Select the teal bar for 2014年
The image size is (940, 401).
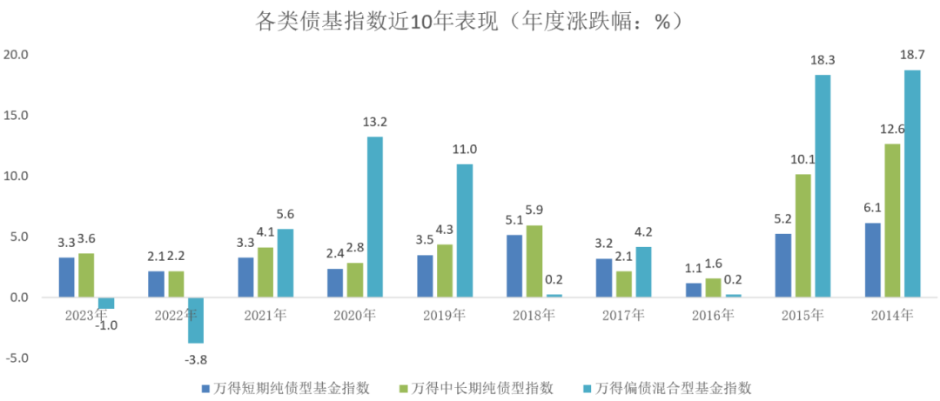(x=911, y=184)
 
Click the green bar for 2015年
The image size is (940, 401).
(x=802, y=236)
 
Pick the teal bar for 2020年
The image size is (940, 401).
(x=374, y=217)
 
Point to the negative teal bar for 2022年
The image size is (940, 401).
(x=195, y=320)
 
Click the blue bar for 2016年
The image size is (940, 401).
(x=694, y=290)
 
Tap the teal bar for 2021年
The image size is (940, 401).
(x=285, y=263)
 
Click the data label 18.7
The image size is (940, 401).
(x=911, y=56)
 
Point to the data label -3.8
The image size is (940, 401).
(x=196, y=358)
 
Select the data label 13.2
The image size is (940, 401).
(x=374, y=122)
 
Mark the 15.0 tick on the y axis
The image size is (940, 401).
(x=17, y=115)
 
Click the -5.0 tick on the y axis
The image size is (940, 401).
(x=17, y=358)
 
